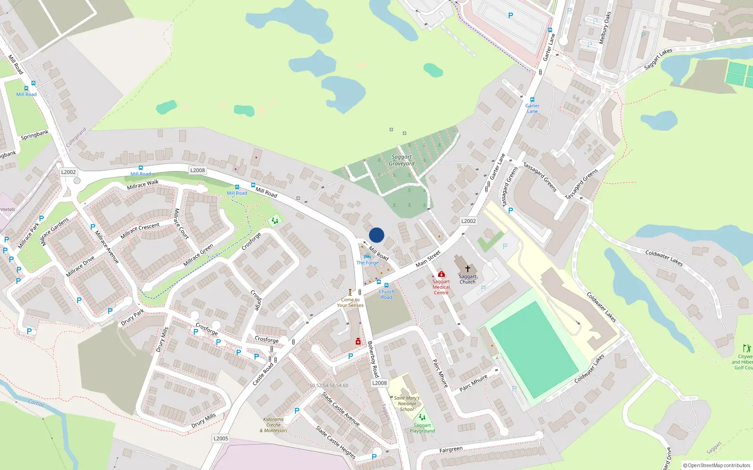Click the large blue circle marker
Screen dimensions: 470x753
(x=376, y=235)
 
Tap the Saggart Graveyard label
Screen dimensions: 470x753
(x=401, y=160)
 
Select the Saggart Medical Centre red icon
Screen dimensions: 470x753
(x=441, y=274)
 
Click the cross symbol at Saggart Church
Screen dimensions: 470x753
(x=467, y=268)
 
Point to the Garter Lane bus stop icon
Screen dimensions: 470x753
(x=532, y=100)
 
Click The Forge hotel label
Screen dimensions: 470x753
(x=367, y=263)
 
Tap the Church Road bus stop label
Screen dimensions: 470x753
(x=386, y=294)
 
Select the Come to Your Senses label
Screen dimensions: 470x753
(x=350, y=302)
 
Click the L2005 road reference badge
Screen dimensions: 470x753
(x=221, y=439)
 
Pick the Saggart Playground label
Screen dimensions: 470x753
(x=422, y=428)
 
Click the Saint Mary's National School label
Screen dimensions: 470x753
(x=407, y=403)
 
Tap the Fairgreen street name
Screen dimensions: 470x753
(x=451, y=450)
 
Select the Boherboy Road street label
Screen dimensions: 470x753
(x=373, y=359)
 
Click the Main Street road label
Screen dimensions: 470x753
(x=428, y=259)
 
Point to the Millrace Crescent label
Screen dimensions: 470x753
(x=140, y=231)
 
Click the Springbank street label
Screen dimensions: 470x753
(x=34, y=135)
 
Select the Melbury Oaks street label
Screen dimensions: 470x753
(x=604, y=28)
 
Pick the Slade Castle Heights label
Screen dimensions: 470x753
(x=335, y=442)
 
